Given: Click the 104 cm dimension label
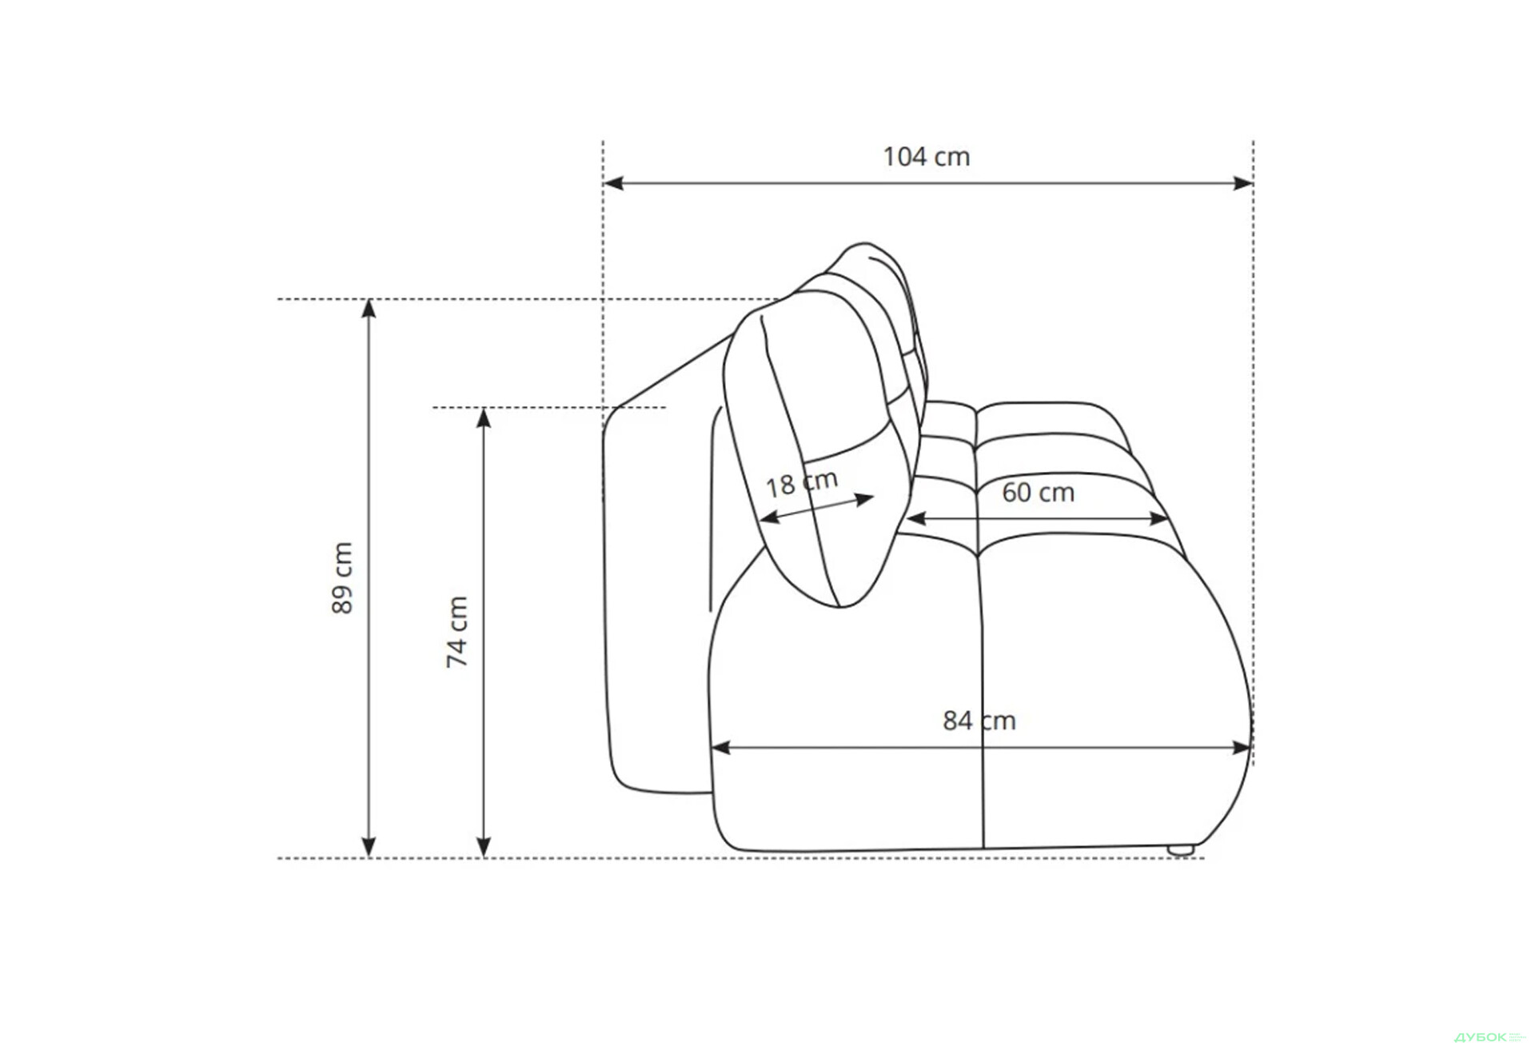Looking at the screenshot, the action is tap(926, 157).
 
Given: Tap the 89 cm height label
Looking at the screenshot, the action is tap(342, 577).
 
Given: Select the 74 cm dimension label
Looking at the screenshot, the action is tap(457, 632).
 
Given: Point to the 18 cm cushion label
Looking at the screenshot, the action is tap(802, 482).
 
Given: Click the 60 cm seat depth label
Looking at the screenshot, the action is tap(1038, 493).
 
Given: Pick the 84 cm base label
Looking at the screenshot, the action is tap(979, 721).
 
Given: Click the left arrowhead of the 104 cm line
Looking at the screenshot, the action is tap(613, 183).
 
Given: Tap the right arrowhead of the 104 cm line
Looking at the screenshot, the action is tap(1243, 183).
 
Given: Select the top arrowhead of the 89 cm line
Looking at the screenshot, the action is tap(369, 309).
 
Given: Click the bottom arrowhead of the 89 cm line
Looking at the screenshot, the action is tap(369, 848).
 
